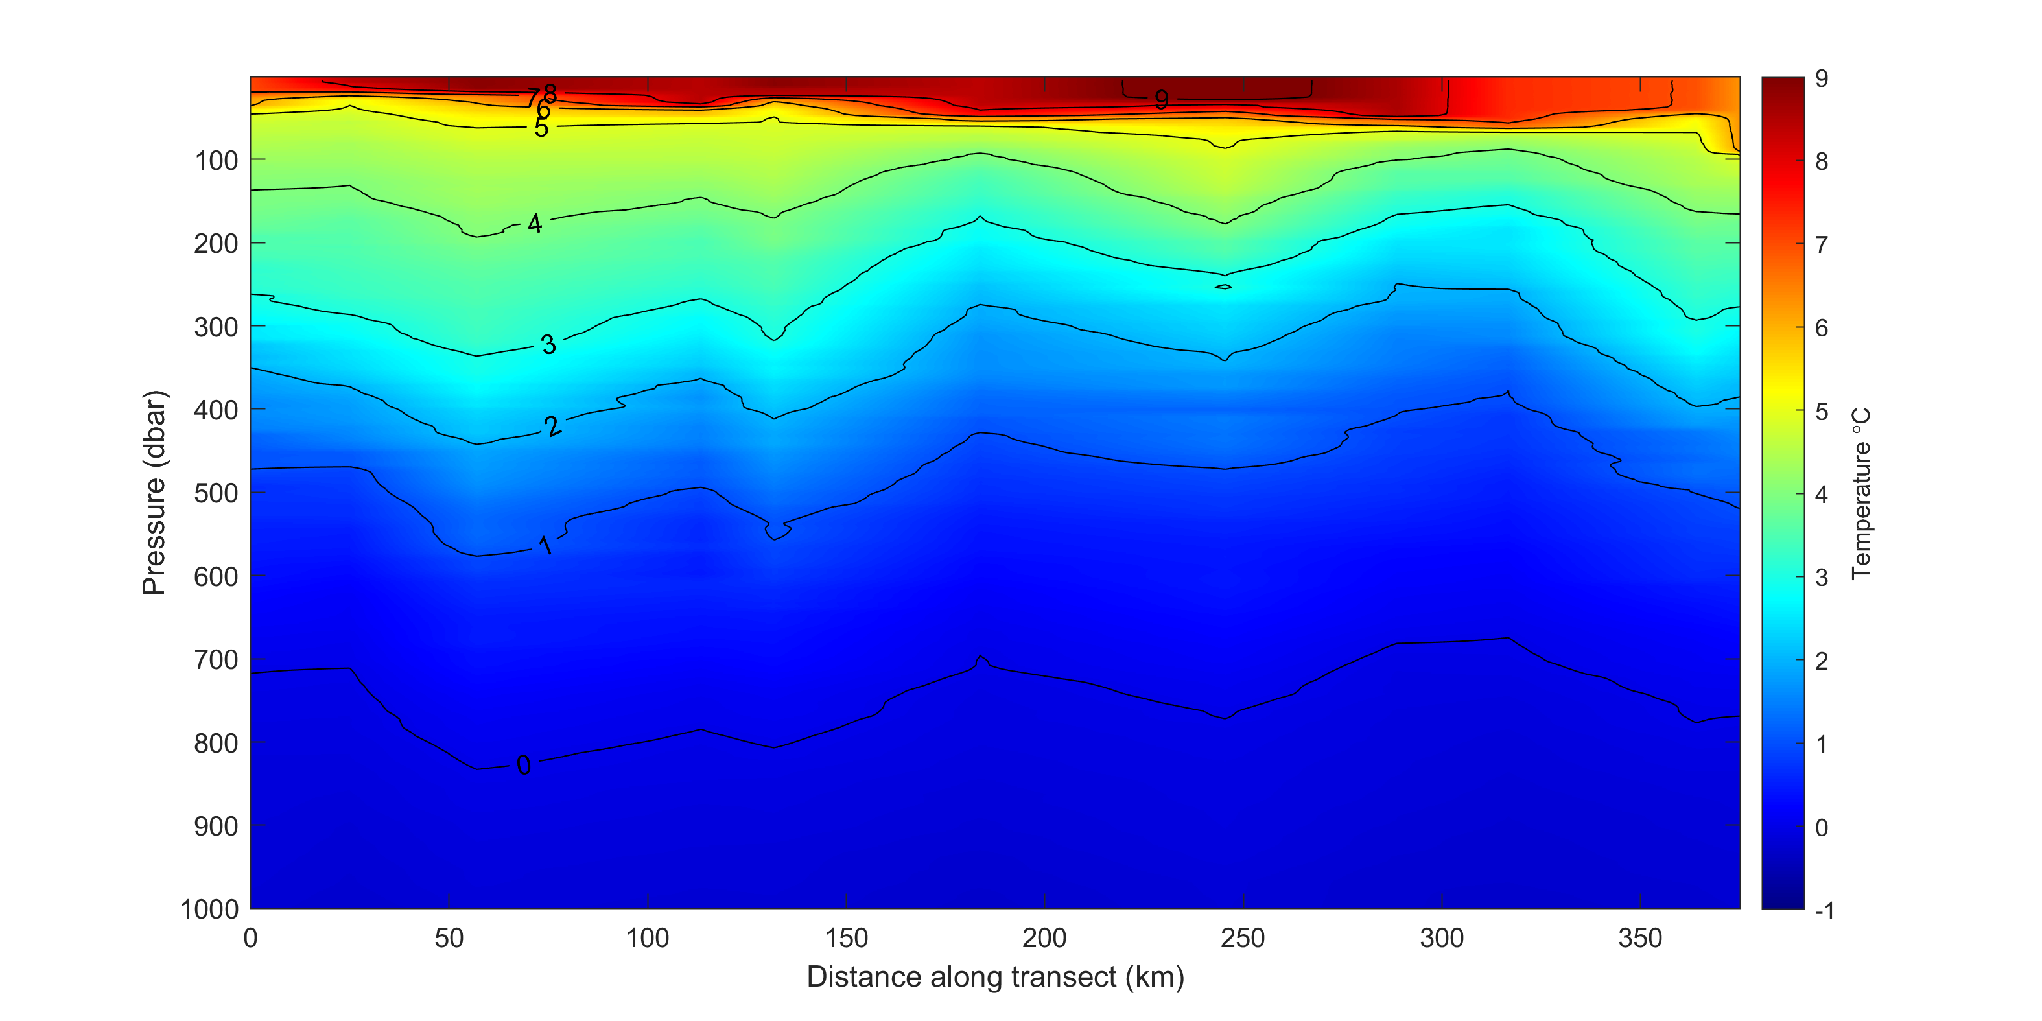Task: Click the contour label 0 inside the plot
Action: (523, 765)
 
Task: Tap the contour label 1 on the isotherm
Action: (545, 545)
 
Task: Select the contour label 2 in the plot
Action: (552, 427)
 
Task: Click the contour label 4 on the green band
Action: (535, 224)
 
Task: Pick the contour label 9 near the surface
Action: (1161, 99)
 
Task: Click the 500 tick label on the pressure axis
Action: (216, 493)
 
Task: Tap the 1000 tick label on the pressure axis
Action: (209, 910)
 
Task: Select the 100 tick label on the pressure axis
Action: (216, 161)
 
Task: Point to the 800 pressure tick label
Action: (216, 744)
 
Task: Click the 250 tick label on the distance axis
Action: (1242, 939)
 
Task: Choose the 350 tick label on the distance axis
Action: (1639, 939)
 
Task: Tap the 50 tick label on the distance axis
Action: (449, 939)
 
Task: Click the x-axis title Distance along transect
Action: (995, 977)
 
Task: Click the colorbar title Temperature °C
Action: (1860, 493)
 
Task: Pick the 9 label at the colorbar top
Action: (1822, 78)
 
